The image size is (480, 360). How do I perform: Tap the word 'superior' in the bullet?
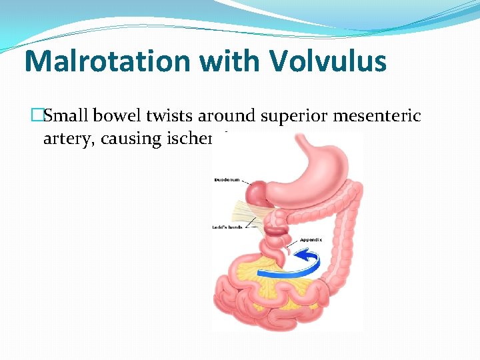pos(287,116)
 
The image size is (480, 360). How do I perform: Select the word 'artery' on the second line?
pos(62,139)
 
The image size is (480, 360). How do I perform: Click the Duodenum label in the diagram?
pos(227,180)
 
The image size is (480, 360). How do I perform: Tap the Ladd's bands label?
pos(226,227)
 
